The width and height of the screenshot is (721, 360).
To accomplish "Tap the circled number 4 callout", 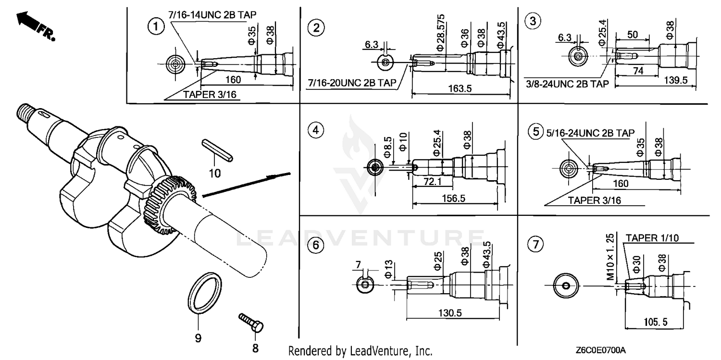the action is click(x=315, y=130).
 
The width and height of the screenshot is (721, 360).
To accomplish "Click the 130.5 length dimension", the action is click(x=450, y=313).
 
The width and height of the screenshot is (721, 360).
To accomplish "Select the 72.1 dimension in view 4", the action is click(x=433, y=182).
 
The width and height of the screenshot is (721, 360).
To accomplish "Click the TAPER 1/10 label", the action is click(x=655, y=237).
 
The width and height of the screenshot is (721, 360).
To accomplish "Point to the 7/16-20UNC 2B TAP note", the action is click(x=353, y=84).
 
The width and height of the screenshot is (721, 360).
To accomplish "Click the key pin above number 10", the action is click(x=217, y=149).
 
